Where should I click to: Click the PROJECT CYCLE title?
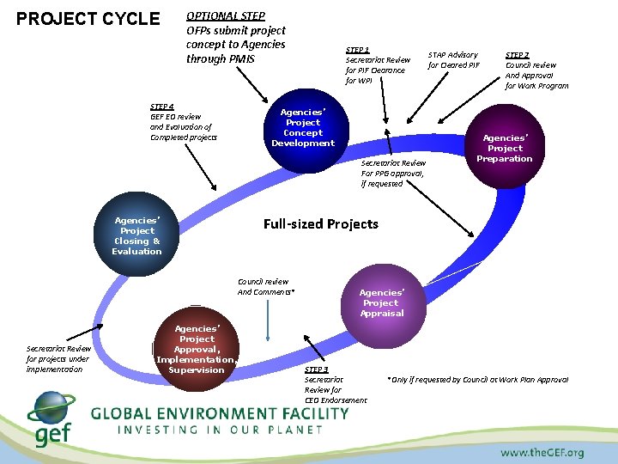[88, 19]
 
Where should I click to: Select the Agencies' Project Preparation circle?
[505, 148]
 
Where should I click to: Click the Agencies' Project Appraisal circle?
[380, 302]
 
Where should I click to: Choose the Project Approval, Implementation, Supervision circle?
[197, 349]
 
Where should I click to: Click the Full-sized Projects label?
[320, 224]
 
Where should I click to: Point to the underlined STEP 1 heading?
[357, 50]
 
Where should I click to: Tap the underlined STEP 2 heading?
[517, 54]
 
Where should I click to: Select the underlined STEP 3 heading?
[316, 369]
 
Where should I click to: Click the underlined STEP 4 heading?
[161, 107]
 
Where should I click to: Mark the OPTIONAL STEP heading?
[226, 15]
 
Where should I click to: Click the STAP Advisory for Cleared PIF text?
[453, 60]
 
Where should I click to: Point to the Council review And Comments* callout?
[265, 287]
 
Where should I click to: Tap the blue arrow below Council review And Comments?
[269, 324]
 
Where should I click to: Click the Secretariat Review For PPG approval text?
[392, 173]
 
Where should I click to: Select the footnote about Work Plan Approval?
[477, 380]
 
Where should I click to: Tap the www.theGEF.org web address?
[542, 452]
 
